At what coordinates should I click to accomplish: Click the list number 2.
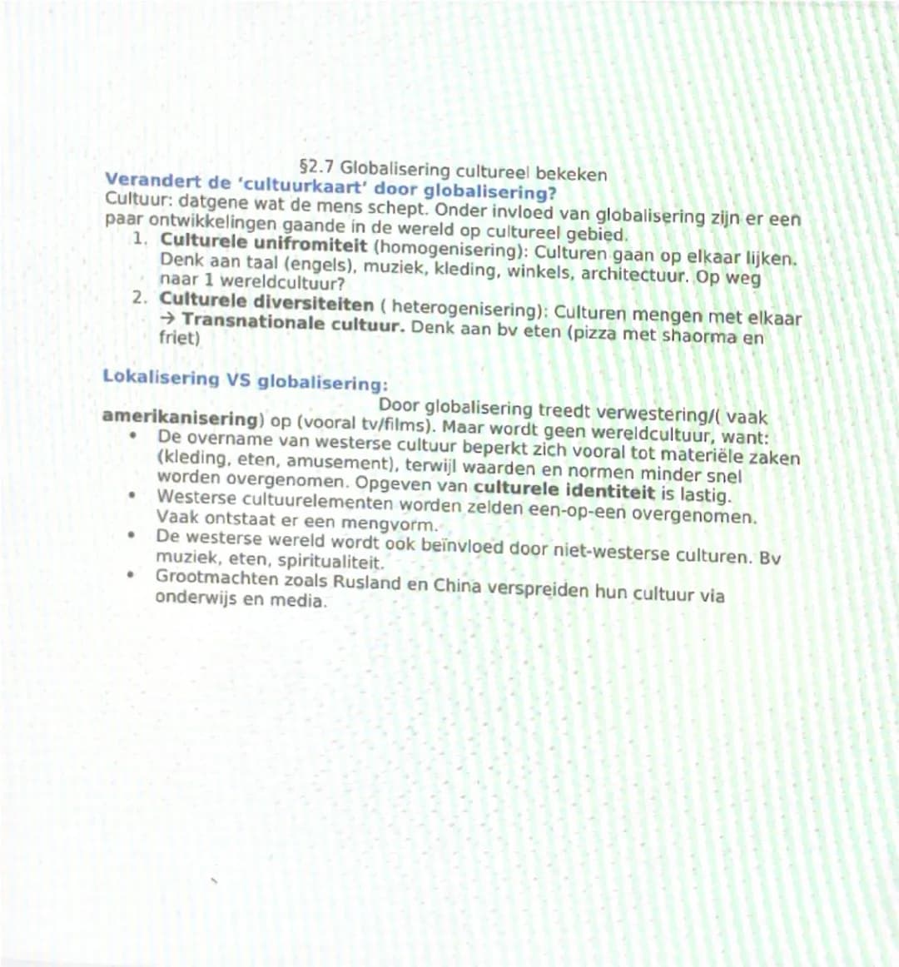[141, 297]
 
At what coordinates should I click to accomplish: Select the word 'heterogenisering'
[460, 310]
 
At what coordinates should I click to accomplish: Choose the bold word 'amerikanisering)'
[180, 419]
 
